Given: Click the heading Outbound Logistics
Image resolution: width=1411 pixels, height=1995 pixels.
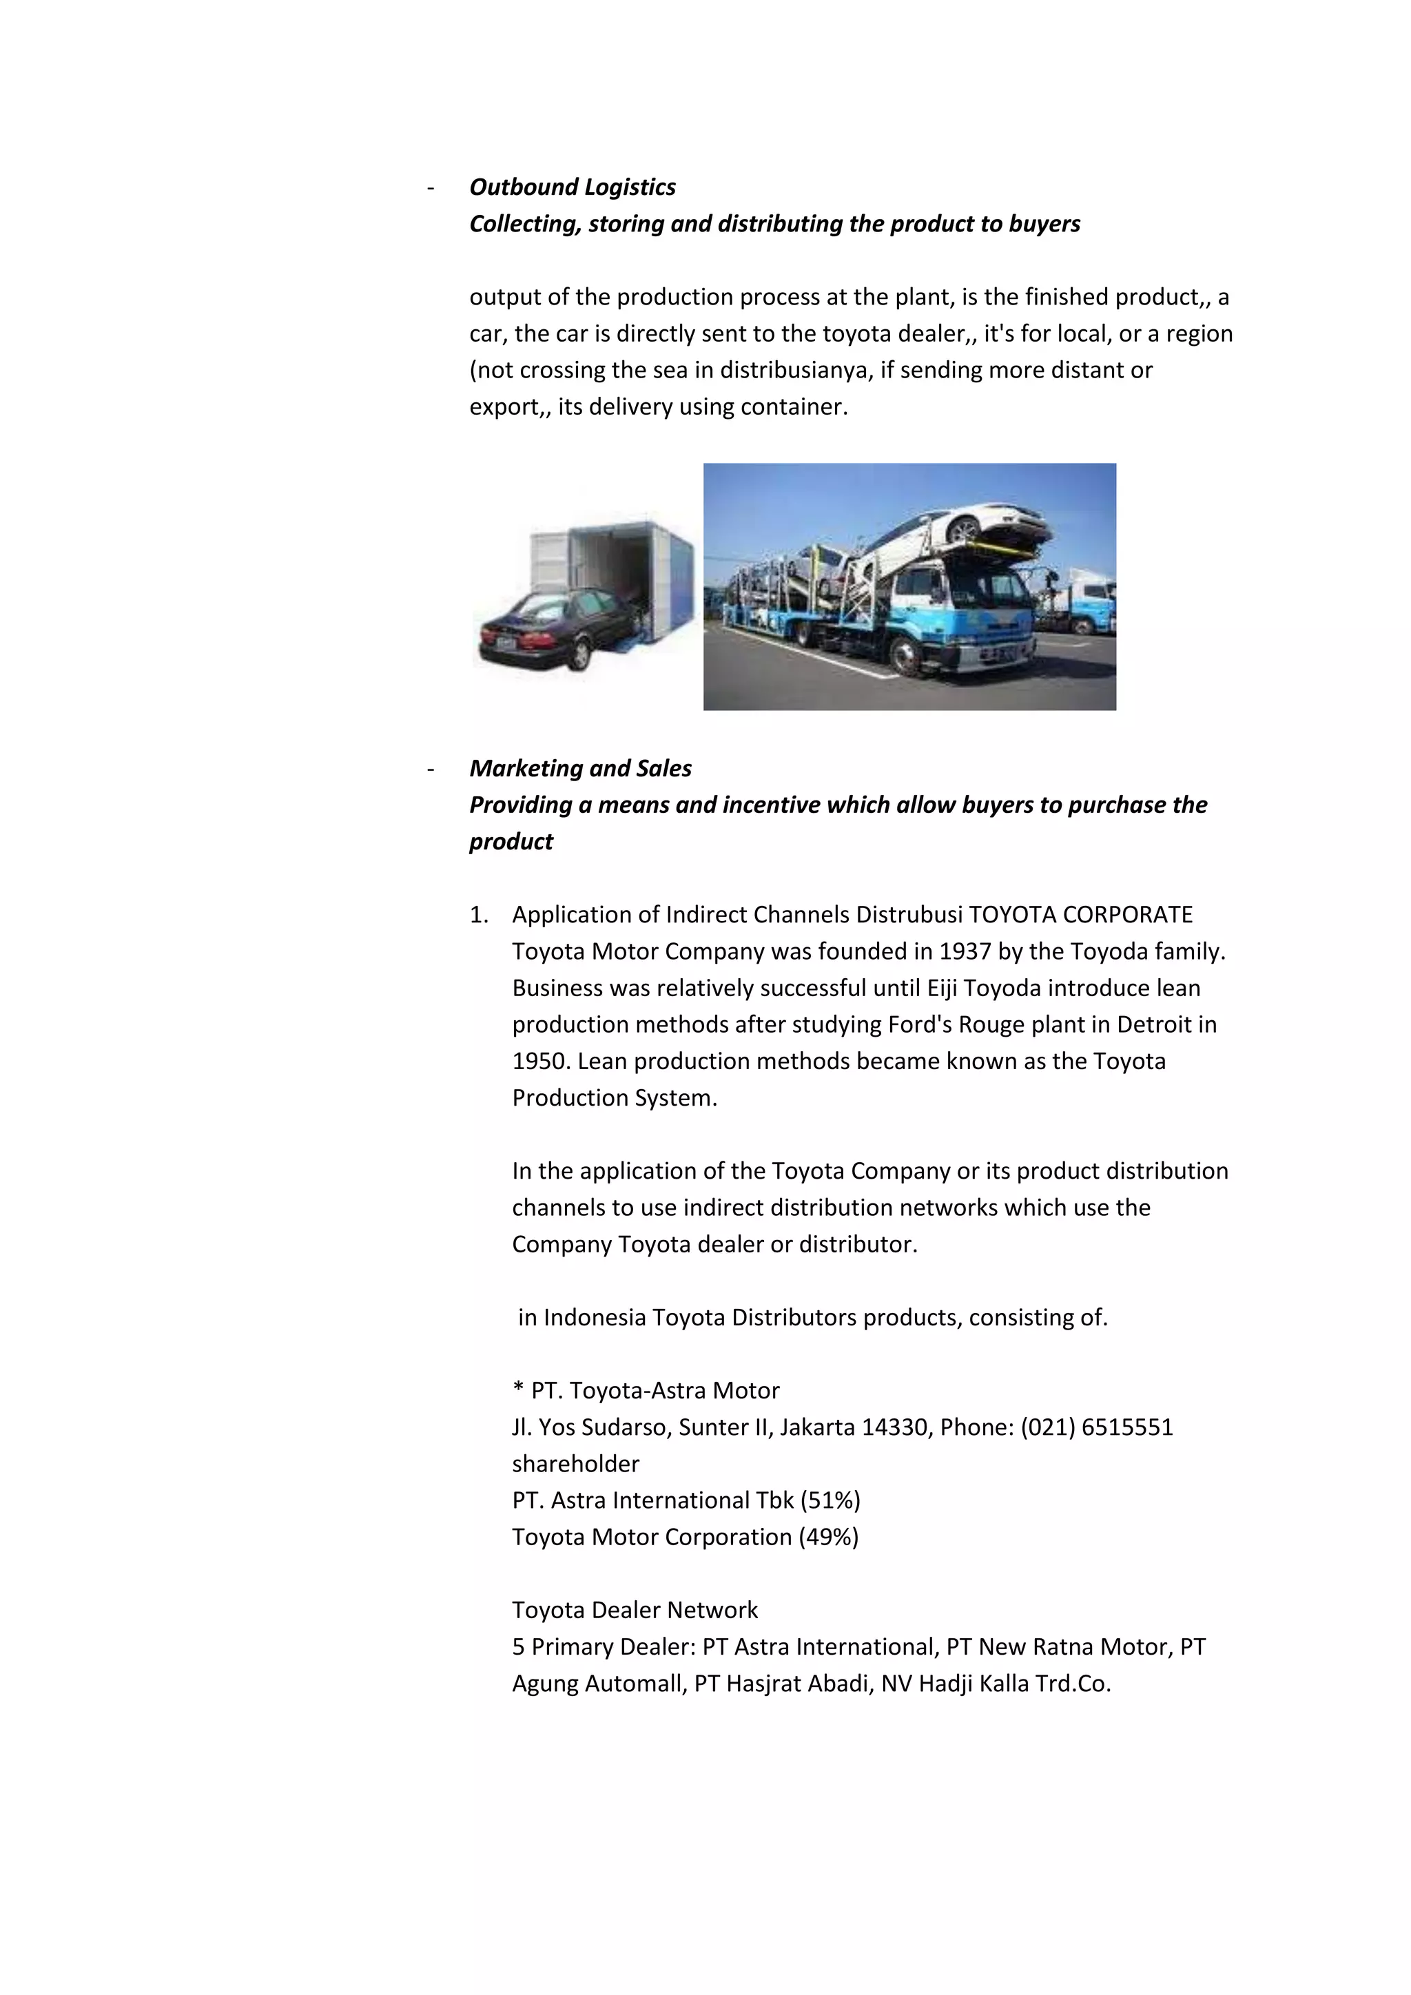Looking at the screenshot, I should pos(572,187).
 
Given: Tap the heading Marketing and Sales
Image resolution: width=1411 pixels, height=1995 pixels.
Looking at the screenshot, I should pos(579,768).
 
